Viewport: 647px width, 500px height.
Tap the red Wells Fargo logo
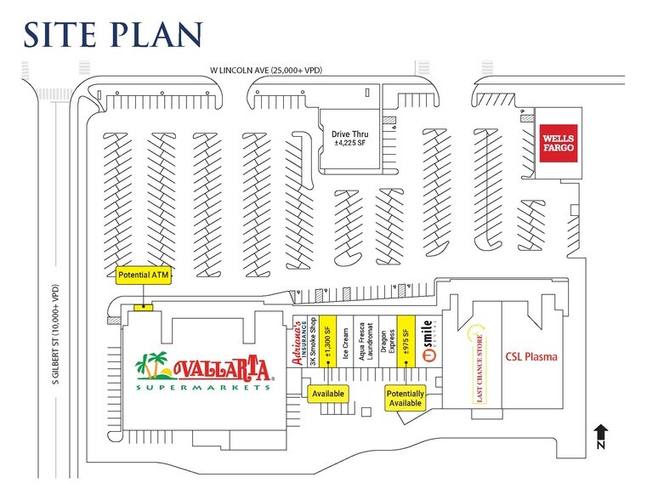click(558, 143)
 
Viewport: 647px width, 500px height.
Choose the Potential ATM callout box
click(144, 276)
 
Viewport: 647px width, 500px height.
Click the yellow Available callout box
click(328, 395)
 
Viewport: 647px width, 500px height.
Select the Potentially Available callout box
click(405, 398)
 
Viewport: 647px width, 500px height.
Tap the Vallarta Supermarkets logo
click(205, 371)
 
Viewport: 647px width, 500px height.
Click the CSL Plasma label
click(532, 357)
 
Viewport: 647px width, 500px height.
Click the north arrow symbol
click(599, 436)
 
